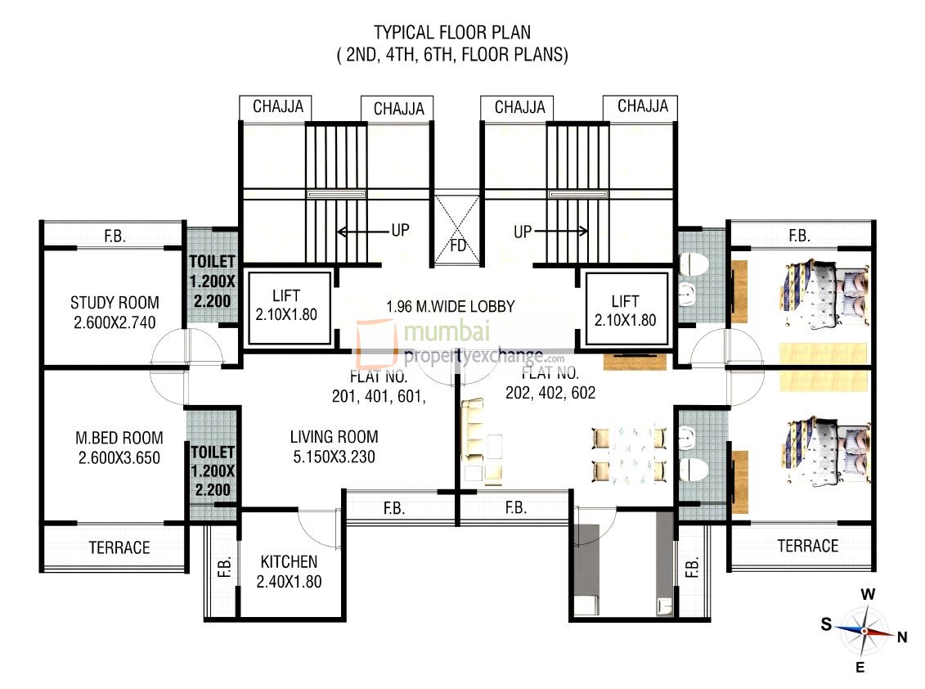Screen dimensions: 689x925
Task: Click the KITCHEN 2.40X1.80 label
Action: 289,572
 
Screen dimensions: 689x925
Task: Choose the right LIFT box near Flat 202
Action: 626,310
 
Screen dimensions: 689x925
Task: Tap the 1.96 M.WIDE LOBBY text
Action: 451,307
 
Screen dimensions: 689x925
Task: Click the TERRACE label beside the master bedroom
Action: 119,547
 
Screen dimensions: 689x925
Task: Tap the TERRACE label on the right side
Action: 807,546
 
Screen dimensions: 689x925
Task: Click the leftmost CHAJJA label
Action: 278,106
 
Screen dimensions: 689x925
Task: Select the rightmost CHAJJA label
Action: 642,106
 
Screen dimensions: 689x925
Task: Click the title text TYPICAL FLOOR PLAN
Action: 452,33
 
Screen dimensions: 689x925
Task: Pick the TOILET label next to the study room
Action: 213,281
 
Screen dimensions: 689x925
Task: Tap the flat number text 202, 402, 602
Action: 550,392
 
